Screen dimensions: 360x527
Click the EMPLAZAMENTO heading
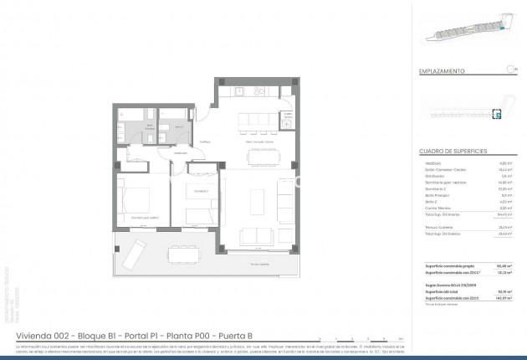(x=442, y=72)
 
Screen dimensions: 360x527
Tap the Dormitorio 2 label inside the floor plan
(x=199, y=191)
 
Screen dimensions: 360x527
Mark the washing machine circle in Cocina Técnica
(x=287, y=123)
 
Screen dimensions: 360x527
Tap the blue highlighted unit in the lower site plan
(x=496, y=115)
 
